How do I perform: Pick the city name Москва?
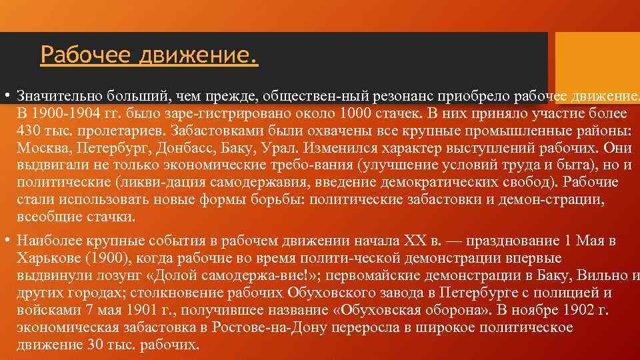pyautogui.click(x=41, y=147)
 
